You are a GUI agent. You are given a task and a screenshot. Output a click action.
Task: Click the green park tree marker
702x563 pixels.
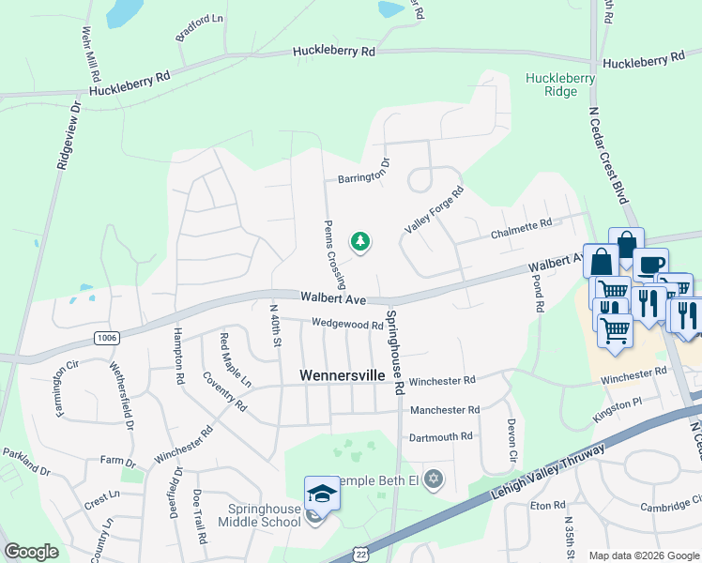(360, 243)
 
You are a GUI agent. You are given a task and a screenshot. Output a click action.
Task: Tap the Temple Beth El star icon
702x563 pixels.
(432, 479)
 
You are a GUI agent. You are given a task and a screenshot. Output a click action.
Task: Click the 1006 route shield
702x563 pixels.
(105, 336)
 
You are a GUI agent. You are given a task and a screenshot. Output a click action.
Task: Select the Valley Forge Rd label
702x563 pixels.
(434, 210)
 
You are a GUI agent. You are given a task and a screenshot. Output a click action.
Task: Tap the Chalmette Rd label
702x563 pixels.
(520, 225)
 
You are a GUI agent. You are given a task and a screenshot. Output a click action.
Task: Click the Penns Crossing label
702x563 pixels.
(335, 254)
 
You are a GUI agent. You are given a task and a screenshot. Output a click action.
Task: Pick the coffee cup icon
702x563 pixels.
(649, 264)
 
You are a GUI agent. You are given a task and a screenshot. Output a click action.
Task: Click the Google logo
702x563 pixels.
(31, 552)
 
